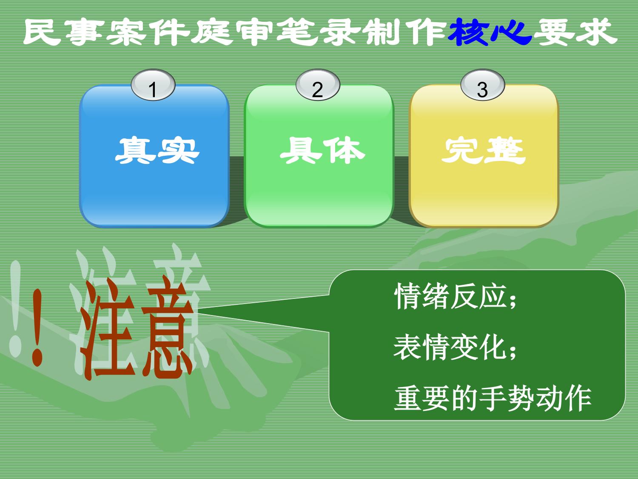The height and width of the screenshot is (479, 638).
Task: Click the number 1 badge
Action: [x=153, y=85]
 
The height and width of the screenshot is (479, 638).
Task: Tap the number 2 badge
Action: [x=318, y=85]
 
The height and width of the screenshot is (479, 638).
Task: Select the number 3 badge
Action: [x=482, y=85]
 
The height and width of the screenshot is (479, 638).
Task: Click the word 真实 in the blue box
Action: [x=157, y=150]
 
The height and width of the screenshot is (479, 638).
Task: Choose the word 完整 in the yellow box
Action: [x=484, y=150]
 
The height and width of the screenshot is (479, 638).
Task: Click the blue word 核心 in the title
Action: [x=490, y=32]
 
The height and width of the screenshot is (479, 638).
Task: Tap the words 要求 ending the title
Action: [x=575, y=32]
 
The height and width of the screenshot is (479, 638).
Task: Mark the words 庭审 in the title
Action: [x=234, y=32]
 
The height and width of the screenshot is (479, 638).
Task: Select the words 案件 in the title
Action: [x=149, y=32]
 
